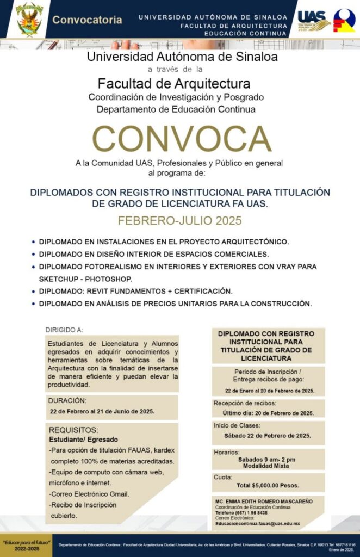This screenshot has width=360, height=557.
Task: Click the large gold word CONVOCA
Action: [x=182, y=139]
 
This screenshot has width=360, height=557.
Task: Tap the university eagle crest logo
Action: [x=29, y=18]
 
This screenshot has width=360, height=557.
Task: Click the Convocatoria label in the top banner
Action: [x=87, y=20]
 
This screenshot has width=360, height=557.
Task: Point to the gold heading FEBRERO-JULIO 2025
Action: [x=180, y=221]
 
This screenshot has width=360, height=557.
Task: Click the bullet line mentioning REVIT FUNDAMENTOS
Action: [x=135, y=291]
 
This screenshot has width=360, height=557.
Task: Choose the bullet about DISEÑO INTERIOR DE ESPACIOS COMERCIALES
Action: [x=153, y=254]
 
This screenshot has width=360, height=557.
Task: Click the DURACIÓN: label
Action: [x=67, y=400]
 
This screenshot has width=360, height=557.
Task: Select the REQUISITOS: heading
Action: [x=73, y=430]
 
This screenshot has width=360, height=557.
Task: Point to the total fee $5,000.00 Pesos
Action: [x=268, y=485]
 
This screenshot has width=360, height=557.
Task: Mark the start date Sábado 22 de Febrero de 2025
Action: [x=267, y=436]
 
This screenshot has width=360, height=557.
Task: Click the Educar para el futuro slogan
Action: [x=27, y=543]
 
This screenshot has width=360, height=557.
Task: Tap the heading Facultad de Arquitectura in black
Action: [x=174, y=84]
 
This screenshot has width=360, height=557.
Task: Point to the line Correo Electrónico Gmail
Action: [x=90, y=494]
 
